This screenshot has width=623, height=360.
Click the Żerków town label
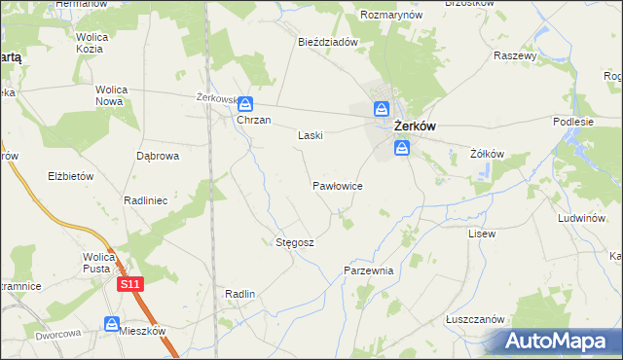pyautogui.click(x=414, y=126)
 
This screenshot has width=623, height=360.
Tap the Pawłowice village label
pyautogui.click(x=338, y=184)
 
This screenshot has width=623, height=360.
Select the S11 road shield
pyautogui.click(x=132, y=284)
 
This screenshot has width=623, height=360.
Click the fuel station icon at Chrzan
pyautogui.click(x=245, y=103)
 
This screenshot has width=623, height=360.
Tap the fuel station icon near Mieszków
pyautogui.click(x=113, y=323)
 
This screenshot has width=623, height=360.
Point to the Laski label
pyautogui.click(x=310, y=136)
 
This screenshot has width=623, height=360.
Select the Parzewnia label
pyautogui.click(x=368, y=270)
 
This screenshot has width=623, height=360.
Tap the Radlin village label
pyautogui.click(x=239, y=294)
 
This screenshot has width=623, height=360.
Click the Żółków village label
pyautogui.click(x=486, y=154)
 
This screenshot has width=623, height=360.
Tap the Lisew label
pyautogui.click(x=482, y=234)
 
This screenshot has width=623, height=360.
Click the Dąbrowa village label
pyautogui.click(x=157, y=156)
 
